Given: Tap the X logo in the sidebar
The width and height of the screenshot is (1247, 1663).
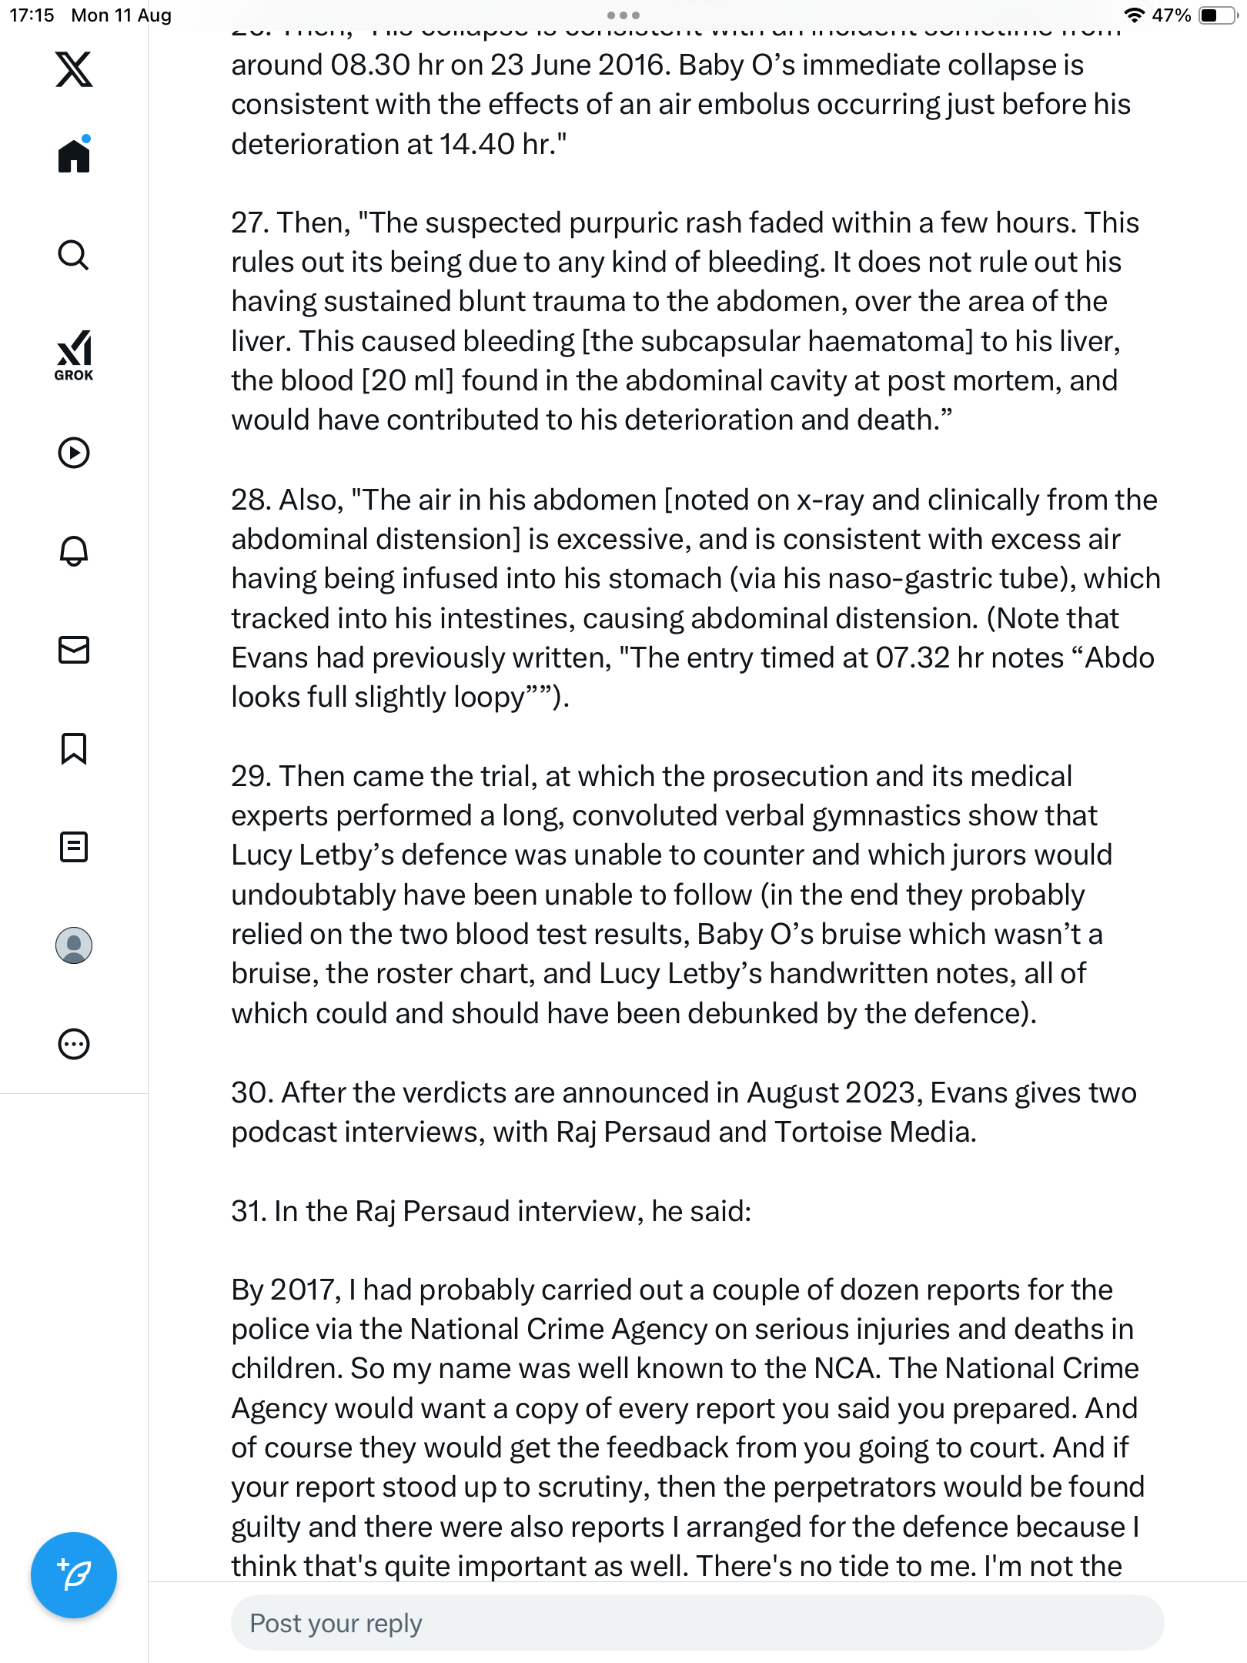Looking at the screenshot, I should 74,69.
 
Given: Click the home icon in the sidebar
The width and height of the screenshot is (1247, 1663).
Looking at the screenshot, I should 74,156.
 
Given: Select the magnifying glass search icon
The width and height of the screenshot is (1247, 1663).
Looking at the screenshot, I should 74,255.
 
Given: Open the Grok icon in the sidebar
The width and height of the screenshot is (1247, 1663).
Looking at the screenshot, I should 74,355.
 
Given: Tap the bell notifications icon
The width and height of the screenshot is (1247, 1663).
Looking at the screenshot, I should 74,551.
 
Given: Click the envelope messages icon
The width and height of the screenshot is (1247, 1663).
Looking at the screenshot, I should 74,650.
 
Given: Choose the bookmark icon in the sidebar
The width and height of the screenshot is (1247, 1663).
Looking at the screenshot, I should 74,748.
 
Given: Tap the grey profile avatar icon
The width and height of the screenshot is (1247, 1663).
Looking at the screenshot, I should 74,945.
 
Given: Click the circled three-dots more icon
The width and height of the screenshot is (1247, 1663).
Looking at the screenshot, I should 74,1044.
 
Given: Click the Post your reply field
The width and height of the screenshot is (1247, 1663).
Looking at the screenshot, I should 697,1623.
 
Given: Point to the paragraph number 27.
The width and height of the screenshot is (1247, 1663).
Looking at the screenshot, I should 249,223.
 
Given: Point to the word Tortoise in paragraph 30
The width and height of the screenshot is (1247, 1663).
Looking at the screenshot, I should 828,1133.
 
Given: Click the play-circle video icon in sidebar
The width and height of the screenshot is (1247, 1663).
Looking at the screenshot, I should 74,453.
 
